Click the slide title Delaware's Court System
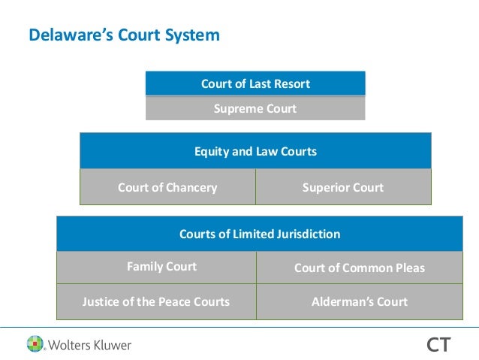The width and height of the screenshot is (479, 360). pyautogui.click(x=124, y=35)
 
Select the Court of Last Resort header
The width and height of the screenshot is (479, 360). pyautogui.click(x=255, y=83)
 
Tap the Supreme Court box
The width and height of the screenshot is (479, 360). pyautogui.click(x=255, y=108)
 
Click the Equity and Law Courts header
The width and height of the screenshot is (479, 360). pyautogui.click(x=255, y=151)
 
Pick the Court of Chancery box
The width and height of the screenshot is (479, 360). pyautogui.click(x=167, y=187)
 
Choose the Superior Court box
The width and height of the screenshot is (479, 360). pyautogui.click(x=343, y=187)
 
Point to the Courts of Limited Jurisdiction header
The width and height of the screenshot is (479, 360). pyautogui.click(x=260, y=234)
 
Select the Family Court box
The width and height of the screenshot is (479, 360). pyautogui.click(x=161, y=267)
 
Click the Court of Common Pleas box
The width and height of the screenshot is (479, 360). pyautogui.click(x=359, y=268)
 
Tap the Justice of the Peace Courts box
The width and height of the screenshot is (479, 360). pyautogui.click(x=155, y=302)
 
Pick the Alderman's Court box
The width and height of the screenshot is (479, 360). pyautogui.click(x=359, y=302)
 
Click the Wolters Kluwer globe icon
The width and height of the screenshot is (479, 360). pyautogui.click(x=35, y=344)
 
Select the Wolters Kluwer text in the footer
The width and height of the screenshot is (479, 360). pyautogui.click(x=89, y=346)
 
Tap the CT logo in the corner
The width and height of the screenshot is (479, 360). pyautogui.click(x=438, y=345)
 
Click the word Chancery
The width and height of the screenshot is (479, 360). pyautogui.click(x=191, y=187)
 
